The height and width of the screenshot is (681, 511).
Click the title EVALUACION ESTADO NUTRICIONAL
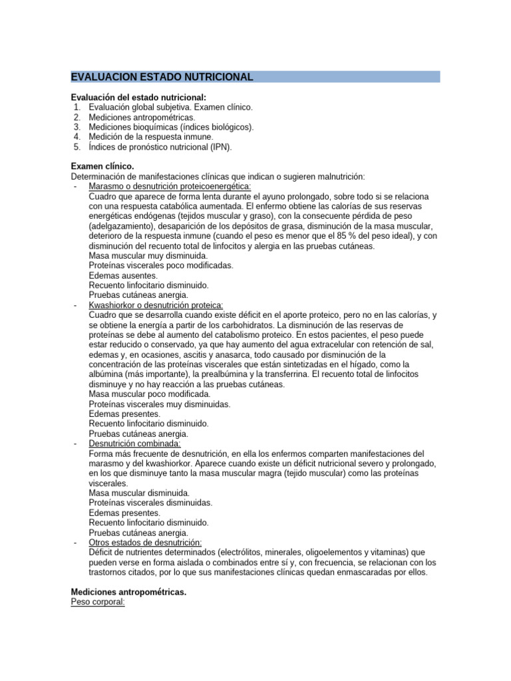(x=162, y=77)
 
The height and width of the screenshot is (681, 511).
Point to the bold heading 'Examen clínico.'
(x=102, y=166)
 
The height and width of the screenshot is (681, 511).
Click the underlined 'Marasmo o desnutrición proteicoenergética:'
(x=170, y=186)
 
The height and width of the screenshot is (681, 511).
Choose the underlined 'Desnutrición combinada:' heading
(x=134, y=444)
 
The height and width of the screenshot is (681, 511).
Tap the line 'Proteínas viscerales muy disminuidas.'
(x=160, y=404)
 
